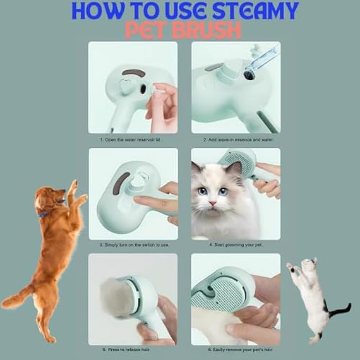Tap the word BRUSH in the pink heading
click(204, 29)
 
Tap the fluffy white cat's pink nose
click(213, 203)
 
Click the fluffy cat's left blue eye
click(203, 191)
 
